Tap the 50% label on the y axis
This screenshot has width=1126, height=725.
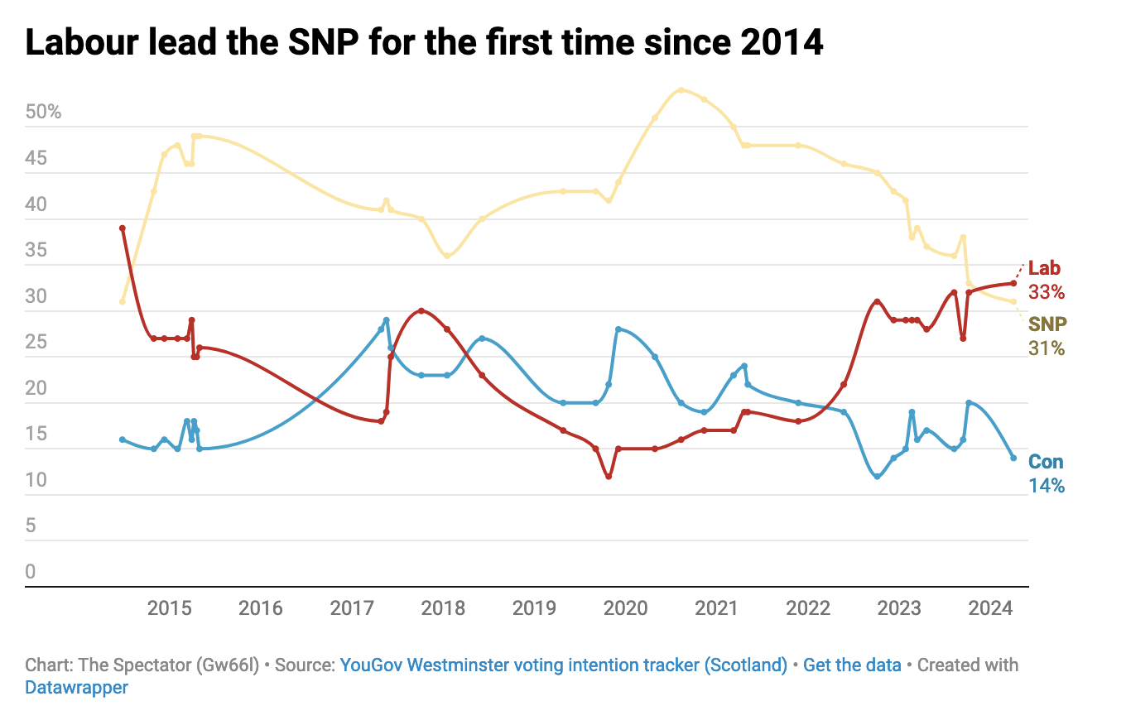44,112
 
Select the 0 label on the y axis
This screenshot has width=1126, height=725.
31,572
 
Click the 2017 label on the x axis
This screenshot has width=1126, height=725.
352,609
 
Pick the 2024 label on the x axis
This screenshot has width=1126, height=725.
990,609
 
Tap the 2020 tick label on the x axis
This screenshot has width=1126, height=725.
625,609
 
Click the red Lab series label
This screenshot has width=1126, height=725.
1044,269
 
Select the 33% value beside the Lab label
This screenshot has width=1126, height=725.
1047,292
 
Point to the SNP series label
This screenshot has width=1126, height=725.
1047,324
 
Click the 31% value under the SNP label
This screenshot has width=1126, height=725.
1047,348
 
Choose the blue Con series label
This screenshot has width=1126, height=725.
1046,463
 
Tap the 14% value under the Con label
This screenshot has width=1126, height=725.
1047,486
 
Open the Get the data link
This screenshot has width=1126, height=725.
852,665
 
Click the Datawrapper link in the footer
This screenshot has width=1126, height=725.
77,687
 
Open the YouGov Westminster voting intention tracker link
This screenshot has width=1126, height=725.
563,665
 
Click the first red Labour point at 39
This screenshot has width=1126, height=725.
123,228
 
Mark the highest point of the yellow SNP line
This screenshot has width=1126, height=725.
681,90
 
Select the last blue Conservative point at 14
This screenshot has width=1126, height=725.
1013,458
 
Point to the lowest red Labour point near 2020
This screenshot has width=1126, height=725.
609,477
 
